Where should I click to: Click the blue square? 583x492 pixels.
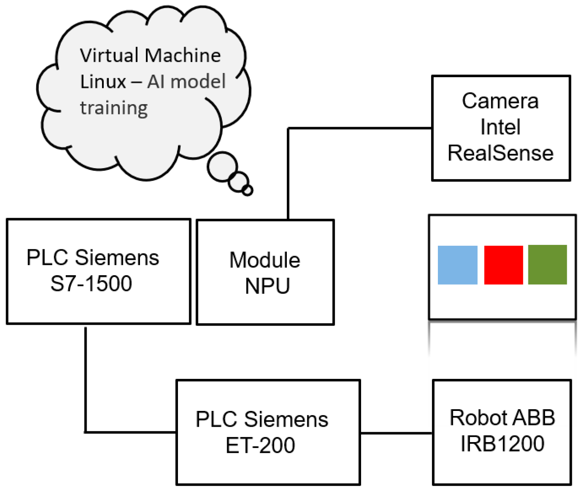point(458,265)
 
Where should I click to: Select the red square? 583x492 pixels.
point(503,265)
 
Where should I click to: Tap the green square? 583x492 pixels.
point(548,265)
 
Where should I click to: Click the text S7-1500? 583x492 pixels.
point(91,284)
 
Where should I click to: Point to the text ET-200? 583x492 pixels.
point(260,445)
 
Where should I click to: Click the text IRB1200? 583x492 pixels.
point(502,444)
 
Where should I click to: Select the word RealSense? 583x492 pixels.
point(501,153)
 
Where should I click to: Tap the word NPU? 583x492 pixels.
point(267,286)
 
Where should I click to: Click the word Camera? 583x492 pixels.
point(500,101)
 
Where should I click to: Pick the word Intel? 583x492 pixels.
point(500,127)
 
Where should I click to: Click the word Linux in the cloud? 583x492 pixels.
point(103,82)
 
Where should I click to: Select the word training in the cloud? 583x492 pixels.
point(114,108)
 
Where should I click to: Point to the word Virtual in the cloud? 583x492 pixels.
point(109,55)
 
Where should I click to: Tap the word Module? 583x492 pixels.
point(265,260)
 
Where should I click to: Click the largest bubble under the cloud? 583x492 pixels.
point(222,167)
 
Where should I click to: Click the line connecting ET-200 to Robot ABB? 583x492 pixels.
point(396,433)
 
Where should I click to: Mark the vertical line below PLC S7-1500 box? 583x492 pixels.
point(86,380)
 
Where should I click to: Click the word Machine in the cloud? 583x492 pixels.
point(183,55)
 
